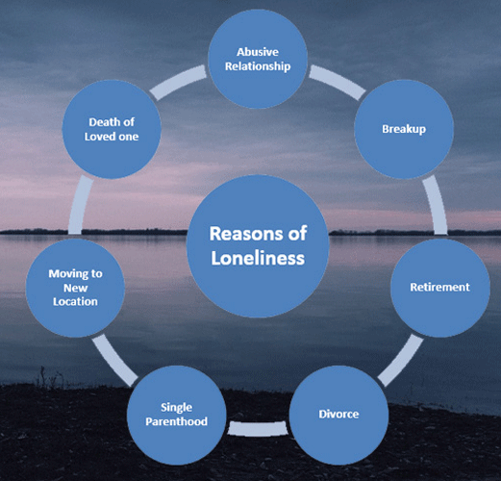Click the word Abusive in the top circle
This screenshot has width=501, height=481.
tap(258, 52)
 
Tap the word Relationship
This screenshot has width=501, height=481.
tap(258, 66)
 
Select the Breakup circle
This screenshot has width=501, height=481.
tap(404, 129)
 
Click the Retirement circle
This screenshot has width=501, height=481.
tap(440, 288)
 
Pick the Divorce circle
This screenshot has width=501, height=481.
tap(338, 415)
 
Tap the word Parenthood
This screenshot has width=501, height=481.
tap(176, 421)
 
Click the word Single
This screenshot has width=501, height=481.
tap(176, 408)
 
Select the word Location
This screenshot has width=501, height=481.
tap(75, 301)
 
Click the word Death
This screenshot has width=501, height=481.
tap(102, 122)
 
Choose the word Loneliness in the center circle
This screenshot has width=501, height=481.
tap(258, 258)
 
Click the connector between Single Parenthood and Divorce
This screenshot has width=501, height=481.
tap(258, 429)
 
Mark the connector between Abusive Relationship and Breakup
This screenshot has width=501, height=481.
tap(338, 82)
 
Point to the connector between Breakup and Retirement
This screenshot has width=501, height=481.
tap(436, 205)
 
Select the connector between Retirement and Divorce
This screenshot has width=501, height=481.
tap(400, 361)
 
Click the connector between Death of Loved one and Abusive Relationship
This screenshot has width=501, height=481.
tap(178, 82)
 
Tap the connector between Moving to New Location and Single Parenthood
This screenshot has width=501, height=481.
tap(115, 361)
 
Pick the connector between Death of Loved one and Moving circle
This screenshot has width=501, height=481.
tap(80, 205)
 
